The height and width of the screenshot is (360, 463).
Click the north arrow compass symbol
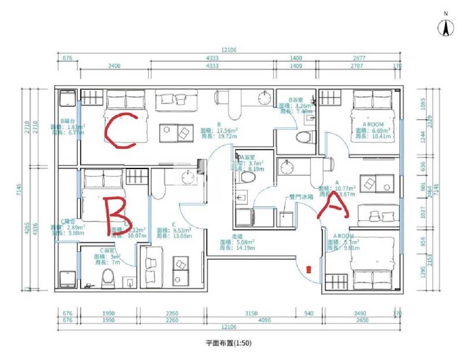445,27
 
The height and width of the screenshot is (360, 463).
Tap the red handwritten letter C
120,128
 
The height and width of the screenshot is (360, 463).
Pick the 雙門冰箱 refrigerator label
301,197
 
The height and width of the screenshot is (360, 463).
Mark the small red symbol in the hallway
308,268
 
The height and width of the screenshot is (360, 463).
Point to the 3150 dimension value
251,314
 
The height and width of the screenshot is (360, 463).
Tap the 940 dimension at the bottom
308,314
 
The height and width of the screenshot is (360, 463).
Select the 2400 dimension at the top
114,66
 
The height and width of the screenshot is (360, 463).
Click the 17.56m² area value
220,131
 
